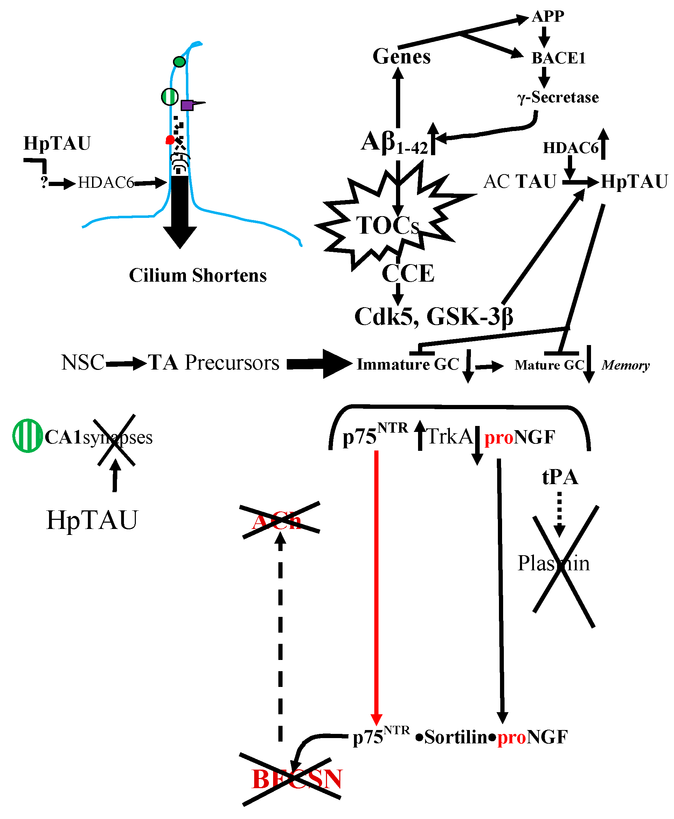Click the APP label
[x=548, y=16]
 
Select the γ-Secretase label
[x=558, y=97]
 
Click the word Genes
[x=402, y=57]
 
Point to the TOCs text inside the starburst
[x=388, y=225]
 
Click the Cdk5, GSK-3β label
[x=434, y=316]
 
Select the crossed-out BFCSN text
[x=297, y=779]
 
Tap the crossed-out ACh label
[x=277, y=522]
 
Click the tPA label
[x=560, y=477]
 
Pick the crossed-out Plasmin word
[x=554, y=563]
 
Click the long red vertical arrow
[x=376, y=583]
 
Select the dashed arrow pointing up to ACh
[x=280, y=637]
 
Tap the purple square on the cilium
[x=187, y=105]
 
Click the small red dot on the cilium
[x=170, y=140]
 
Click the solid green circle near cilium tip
[x=179, y=62]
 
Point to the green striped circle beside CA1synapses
[x=27, y=435]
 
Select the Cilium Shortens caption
[x=197, y=275]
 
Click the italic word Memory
[x=625, y=365]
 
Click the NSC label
[x=83, y=363]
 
